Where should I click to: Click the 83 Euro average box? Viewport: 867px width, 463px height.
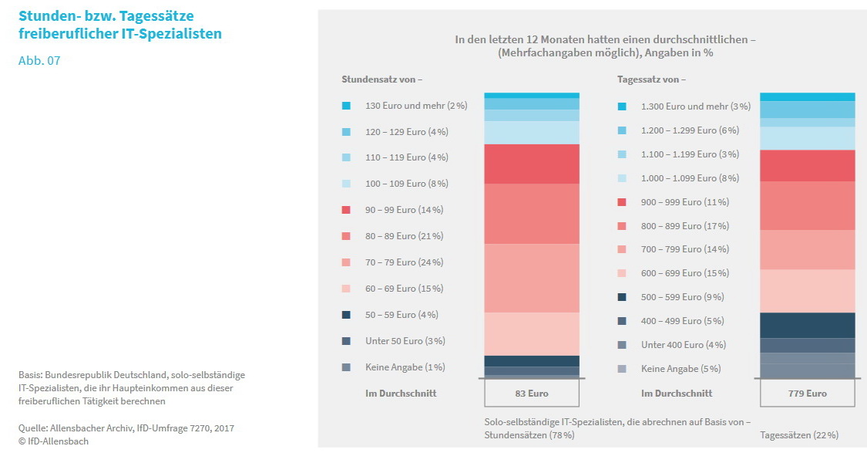click(x=532, y=393)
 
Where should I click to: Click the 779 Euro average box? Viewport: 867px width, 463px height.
click(x=807, y=393)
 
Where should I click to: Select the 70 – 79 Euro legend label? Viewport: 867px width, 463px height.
click(x=404, y=262)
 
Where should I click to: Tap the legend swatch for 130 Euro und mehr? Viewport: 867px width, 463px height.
click(x=346, y=106)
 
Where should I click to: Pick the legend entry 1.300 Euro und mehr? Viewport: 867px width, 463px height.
click(x=684, y=106)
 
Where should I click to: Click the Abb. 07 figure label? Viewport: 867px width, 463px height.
click(x=39, y=61)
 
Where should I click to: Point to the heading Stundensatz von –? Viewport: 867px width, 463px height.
click(x=382, y=79)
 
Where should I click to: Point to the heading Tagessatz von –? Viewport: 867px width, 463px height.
click(x=651, y=79)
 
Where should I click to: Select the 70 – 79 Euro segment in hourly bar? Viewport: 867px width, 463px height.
click(x=532, y=278)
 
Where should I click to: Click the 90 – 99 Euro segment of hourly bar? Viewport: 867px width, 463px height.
click(x=532, y=164)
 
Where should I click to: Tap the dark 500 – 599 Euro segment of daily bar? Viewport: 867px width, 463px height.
click(x=807, y=325)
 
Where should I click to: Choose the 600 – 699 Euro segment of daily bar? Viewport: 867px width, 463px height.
click(x=807, y=291)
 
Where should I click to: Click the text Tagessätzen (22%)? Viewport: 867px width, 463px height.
click(x=799, y=435)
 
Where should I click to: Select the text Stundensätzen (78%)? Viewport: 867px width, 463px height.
click(x=529, y=435)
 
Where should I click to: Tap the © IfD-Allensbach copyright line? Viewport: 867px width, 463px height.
click(x=54, y=441)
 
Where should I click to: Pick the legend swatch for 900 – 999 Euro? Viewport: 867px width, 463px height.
click(x=622, y=202)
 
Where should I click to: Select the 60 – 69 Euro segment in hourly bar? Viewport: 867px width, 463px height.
click(x=532, y=333)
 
